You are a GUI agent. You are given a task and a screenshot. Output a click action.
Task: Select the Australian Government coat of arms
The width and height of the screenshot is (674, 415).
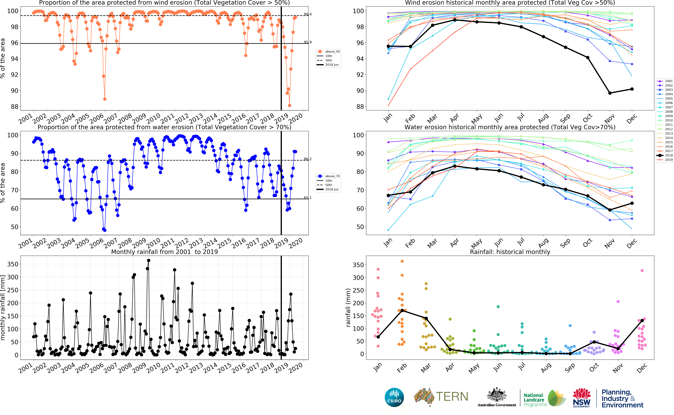pyautogui.click(x=496, y=395)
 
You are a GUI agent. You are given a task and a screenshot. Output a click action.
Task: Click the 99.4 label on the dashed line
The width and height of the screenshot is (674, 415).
pyautogui.click(x=307, y=14)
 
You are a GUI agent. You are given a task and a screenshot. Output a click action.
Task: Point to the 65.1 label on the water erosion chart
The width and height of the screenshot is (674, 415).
pyautogui.click(x=307, y=198)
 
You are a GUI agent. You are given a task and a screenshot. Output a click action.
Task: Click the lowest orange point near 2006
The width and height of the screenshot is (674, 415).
pyautogui.click(x=105, y=99)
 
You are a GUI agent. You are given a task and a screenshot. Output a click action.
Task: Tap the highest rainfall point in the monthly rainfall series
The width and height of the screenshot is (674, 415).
pyautogui.click(x=148, y=260)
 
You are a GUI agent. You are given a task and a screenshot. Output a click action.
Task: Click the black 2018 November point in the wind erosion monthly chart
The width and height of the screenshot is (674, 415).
pyautogui.click(x=610, y=93)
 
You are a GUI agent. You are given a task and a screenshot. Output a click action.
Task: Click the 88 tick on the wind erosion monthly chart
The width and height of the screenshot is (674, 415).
pyautogui.click(x=360, y=107)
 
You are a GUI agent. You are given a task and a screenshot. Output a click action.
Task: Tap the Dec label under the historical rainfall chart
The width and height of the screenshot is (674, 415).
pyautogui.click(x=642, y=368)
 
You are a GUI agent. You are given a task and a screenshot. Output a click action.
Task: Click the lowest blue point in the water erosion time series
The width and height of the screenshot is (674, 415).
pyautogui.click(x=105, y=230)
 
